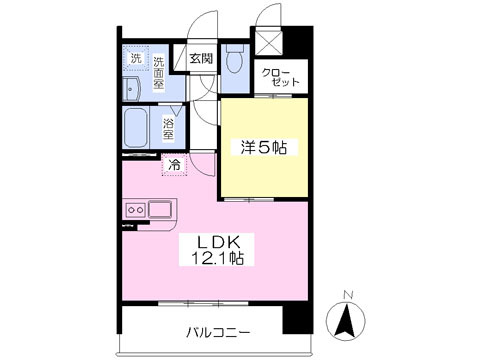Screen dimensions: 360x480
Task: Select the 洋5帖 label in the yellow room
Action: tap(263, 148)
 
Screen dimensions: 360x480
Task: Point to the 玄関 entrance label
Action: tap(201, 59)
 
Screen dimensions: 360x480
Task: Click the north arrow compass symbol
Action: tap(347, 320)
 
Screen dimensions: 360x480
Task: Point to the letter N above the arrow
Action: tap(347, 294)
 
